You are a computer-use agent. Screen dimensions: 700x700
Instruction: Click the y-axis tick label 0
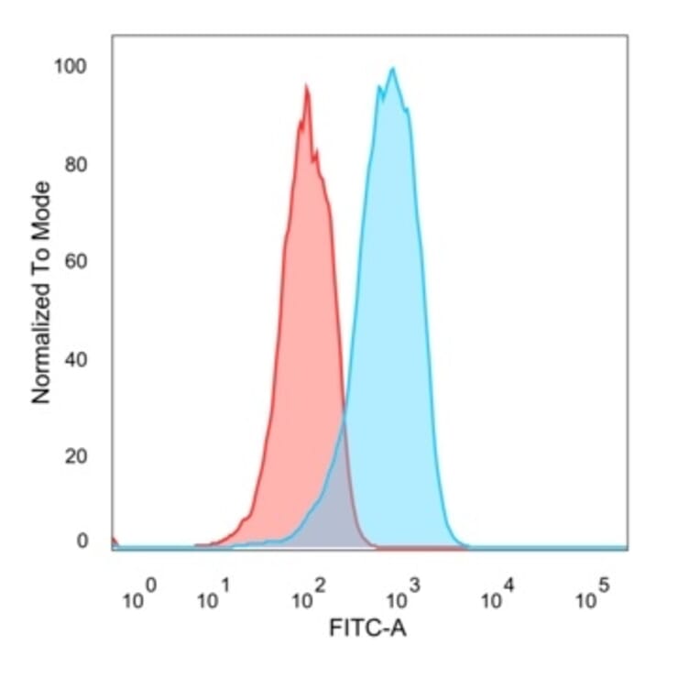point(83,541)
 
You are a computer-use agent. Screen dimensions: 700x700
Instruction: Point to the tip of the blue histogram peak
point(393,68)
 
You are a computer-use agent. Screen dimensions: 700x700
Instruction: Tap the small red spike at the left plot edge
point(114,540)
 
